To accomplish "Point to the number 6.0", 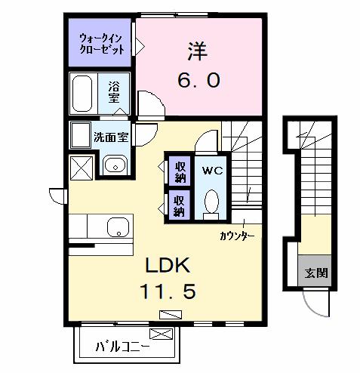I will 199,79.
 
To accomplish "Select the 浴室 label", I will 113,92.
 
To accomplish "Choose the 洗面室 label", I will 110,138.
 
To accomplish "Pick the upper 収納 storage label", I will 180,171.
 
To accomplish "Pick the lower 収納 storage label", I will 180,204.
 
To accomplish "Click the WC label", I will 211,170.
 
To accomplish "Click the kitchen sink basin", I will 118,227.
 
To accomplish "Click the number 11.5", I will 171,291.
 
